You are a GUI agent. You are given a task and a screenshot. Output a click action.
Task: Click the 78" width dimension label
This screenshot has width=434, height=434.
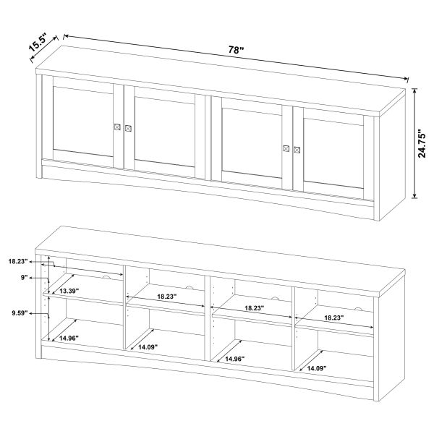(236, 50)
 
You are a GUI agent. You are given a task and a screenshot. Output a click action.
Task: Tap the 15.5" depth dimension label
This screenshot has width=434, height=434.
(38, 43)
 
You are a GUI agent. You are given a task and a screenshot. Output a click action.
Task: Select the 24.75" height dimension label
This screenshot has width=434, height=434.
(422, 143)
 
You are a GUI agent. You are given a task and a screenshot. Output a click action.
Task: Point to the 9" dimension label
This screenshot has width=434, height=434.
(25, 277)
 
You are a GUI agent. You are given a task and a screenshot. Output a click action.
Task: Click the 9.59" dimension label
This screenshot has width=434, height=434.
(20, 313)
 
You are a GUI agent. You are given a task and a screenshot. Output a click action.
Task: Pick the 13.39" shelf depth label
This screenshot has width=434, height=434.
(69, 291)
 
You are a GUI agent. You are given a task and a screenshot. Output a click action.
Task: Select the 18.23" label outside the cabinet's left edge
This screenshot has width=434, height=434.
(18, 261)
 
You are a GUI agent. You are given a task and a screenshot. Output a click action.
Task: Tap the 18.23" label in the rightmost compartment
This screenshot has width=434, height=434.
(333, 318)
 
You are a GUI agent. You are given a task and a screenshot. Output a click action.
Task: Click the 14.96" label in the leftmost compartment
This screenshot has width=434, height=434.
(69, 338)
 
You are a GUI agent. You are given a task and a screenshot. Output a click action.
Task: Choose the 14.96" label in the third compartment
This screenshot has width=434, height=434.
(235, 359)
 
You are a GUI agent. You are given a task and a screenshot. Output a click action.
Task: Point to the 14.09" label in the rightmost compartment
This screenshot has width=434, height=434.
(317, 368)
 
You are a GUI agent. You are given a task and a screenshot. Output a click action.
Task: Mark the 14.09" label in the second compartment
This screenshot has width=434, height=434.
(148, 346)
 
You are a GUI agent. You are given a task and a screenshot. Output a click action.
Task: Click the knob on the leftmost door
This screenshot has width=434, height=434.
(117, 127)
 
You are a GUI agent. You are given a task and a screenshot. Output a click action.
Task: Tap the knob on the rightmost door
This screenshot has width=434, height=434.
(297, 150)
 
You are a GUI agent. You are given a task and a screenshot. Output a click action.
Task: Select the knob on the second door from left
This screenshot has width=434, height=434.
(128, 129)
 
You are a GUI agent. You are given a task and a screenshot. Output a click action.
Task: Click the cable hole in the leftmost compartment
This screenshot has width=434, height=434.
(106, 277)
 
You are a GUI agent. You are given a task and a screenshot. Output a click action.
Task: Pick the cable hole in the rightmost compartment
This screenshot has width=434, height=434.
(359, 309)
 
